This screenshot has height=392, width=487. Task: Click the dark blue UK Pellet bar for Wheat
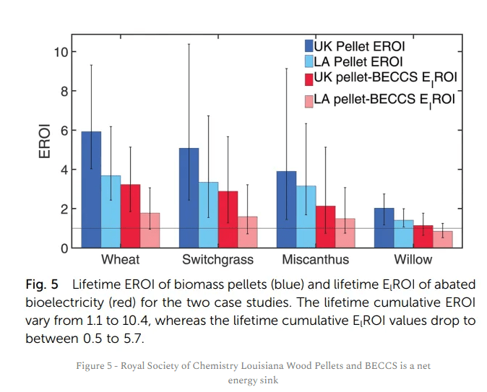(x=91, y=190)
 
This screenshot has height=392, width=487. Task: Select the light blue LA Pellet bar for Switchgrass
(x=208, y=215)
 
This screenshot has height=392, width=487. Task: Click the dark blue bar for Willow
(x=384, y=228)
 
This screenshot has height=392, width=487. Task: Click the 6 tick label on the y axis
(x=64, y=131)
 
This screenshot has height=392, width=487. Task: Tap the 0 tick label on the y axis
(x=64, y=248)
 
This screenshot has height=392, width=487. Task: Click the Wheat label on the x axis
(x=120, y=260)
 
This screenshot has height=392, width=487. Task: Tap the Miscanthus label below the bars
(x=315, y=260)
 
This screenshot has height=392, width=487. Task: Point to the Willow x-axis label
(x=413, y=260)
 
